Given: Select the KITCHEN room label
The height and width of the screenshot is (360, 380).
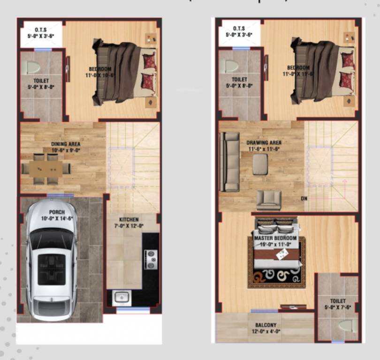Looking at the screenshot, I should (x=129, y=219).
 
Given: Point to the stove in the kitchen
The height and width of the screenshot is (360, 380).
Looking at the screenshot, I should (x=151, y=259).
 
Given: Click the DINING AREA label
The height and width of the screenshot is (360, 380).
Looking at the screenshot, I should (x=66, y=144).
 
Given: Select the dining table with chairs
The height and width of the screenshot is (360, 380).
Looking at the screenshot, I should (x=46, y=168).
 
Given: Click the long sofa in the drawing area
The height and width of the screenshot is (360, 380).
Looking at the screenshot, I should (x=230, y=161).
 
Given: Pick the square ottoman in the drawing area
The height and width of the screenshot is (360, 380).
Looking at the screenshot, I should (x=260, y=164).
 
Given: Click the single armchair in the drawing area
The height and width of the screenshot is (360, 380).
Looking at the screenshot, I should (x=269, y=200).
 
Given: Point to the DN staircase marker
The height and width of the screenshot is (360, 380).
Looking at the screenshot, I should (x=304, y=198).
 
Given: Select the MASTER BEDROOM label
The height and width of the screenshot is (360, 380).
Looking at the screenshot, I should (x=275, y=238).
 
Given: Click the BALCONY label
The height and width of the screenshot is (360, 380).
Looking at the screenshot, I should (x=266, y=325).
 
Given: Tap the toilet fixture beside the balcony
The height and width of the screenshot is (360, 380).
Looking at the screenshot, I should (x=347, y=325).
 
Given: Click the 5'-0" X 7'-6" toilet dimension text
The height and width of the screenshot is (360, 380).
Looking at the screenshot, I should (x=338, y=307).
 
